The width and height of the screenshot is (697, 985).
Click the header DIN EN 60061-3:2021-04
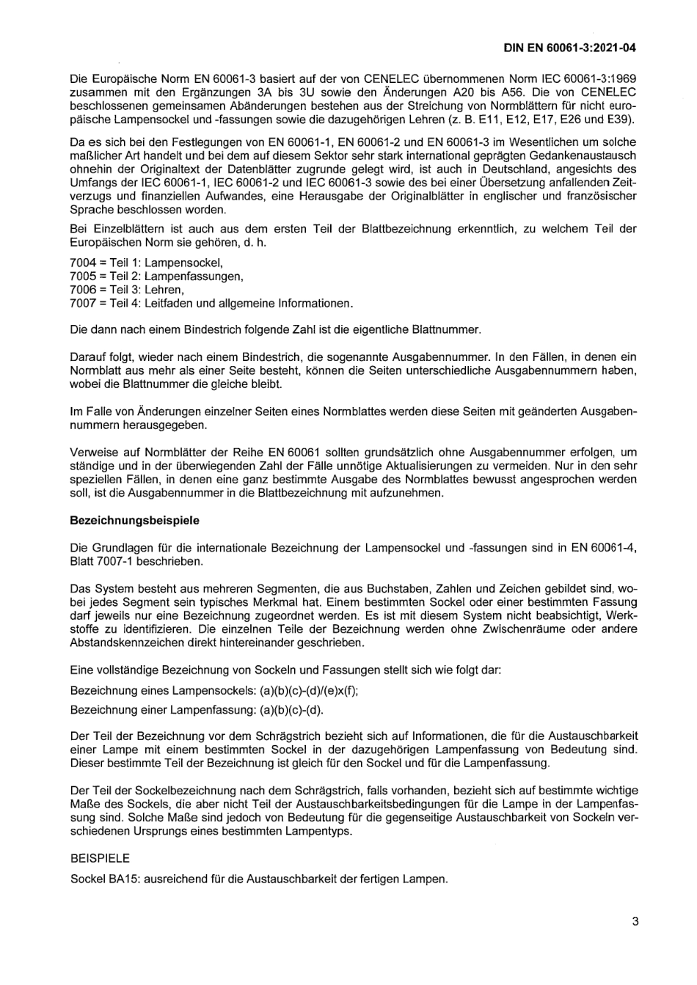point(569,48)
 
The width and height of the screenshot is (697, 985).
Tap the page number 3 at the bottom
point(635,922)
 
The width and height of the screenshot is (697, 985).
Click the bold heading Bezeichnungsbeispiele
point(134,520)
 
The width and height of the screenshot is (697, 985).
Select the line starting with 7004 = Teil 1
point(146,262)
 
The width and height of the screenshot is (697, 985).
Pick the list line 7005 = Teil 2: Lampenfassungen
point(156,276)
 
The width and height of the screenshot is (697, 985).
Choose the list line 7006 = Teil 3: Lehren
point(126,290)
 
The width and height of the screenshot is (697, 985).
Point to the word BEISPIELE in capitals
point(100,857)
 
